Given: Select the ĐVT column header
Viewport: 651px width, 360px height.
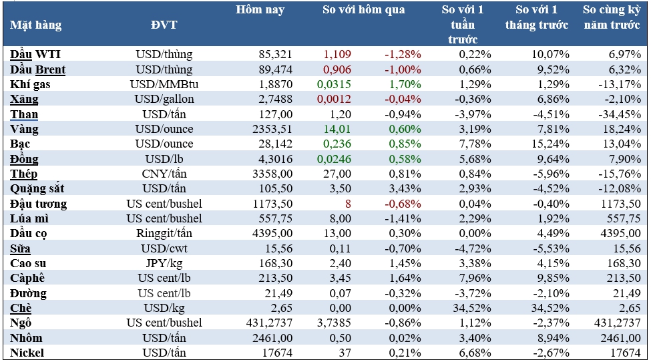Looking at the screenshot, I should coord(164,25).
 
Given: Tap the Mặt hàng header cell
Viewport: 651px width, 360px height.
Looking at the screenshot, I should coord(36,25).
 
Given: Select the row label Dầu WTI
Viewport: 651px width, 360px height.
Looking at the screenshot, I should coord(36,54).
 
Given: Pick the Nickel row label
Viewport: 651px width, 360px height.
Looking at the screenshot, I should coord(27,352).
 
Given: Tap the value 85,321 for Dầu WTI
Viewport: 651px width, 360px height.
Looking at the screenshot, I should coord(268,54).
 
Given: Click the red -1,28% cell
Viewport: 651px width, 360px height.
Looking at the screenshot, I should coord(403,54).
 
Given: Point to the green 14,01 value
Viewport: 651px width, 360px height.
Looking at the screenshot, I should coord(337,129).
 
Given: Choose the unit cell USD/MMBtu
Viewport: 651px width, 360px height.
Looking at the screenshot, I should coord(164,84).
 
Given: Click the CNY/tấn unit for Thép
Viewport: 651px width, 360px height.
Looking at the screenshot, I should coord(164,174).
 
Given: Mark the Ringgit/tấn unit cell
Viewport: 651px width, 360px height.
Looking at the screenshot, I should coord(164,233).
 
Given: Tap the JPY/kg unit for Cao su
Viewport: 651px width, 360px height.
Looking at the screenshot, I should coord(164,263).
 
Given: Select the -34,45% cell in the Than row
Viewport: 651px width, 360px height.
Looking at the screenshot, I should coord(623,114).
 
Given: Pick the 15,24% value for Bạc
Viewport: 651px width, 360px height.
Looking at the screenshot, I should coord(551,144).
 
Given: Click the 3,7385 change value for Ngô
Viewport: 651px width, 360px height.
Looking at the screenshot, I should coord(334,323).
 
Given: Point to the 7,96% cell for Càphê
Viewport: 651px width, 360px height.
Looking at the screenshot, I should coord(475,278).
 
